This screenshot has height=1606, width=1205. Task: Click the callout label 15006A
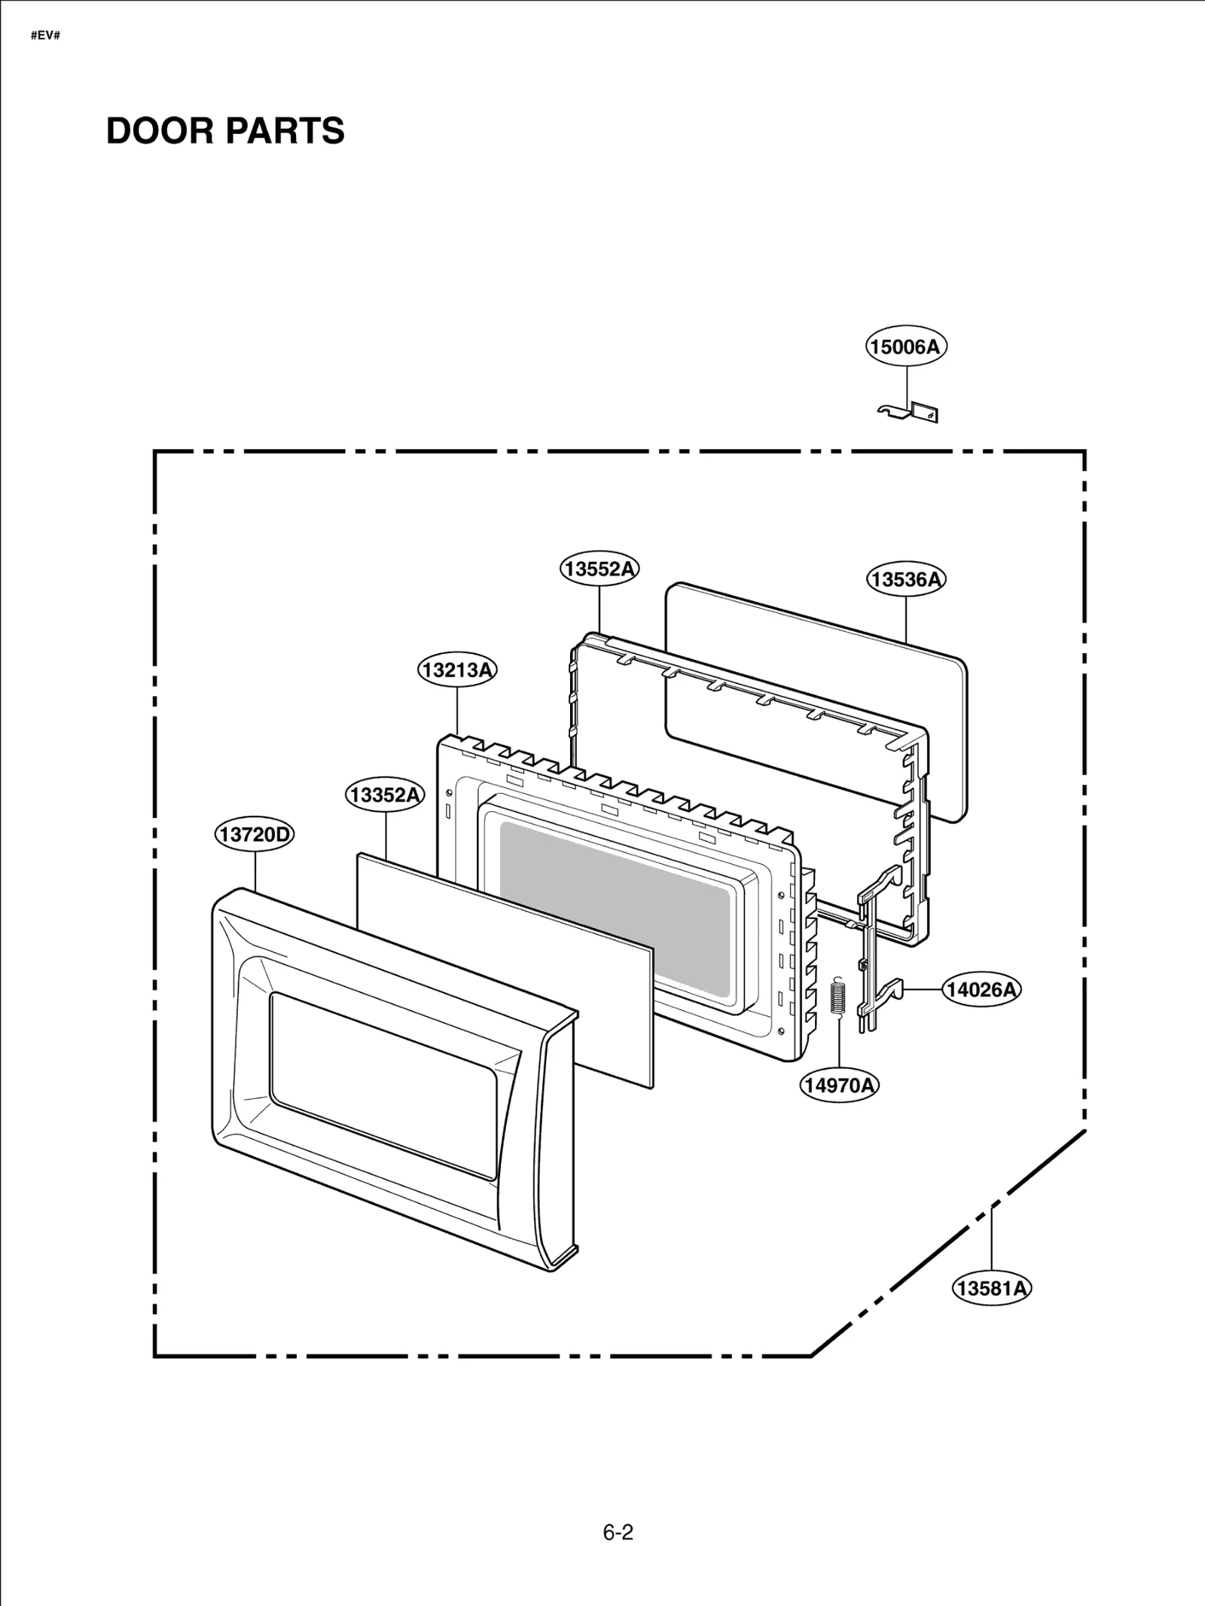click(905, 347)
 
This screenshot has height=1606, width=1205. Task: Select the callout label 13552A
click(599, 569)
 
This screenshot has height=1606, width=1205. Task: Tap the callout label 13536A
click(905, 579)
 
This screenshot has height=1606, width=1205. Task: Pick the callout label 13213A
click(457, 670)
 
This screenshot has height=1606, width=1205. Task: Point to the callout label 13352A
click(385, 795)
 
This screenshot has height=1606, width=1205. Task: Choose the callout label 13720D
click(255, 834)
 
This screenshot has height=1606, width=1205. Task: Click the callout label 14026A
click(981, 989)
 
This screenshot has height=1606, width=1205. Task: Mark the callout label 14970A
click(839, 1085)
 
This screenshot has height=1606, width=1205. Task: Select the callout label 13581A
click(991, 1288)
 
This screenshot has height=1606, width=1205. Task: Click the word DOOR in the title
click(160, 131)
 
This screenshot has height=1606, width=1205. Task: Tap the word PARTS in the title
click(285, 131)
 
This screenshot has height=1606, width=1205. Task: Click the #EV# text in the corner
click(45, 35)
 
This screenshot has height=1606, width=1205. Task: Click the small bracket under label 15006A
click(911, 413)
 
